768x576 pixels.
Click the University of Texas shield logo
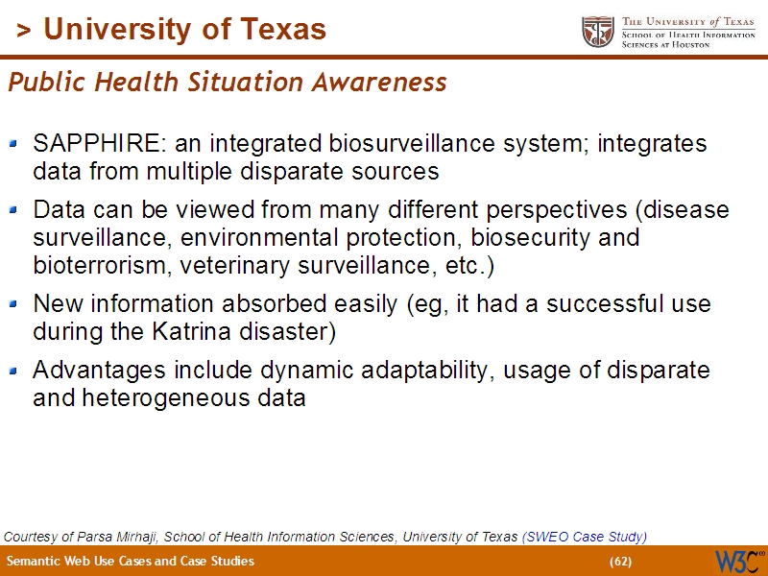pyautogui.click(x=598, y=31)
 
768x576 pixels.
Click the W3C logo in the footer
pyautogui.click(x=738, y=561)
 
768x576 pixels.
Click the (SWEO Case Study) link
pyautogui.click(x=584, y=537)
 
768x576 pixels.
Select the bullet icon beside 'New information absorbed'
pyautogui.click(x=13, y=304)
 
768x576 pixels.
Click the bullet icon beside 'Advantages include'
pyautogui.click(x=13, y=370)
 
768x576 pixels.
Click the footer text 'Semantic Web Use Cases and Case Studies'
pyautogui.click(x=131, y=562)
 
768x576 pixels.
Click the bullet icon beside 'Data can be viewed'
pyautogui.click(x=13, y=208)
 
